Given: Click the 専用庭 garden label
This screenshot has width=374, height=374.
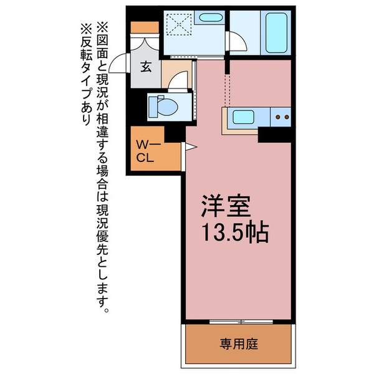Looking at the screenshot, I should pyautogui.click(x=238, y=343).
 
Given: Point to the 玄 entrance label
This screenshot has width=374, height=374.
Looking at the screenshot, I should pyautogui.click(x=145, y=67).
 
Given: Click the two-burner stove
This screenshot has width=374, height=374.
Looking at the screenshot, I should pyautogui.click(x=282, y=116).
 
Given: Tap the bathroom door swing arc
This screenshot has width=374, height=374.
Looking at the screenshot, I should pyautogui.click(x=237, y=42).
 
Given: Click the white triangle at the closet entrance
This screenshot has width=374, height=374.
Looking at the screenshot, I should pyautogui.click(x=190, y=148).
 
